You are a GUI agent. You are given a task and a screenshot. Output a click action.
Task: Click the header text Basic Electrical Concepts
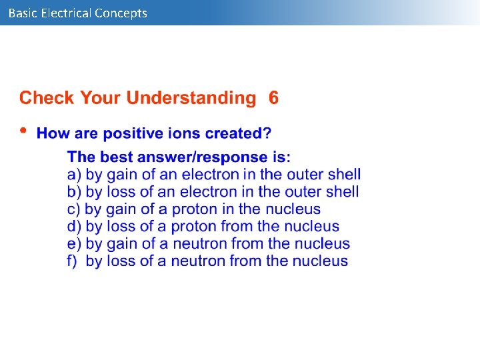tap(77, 13)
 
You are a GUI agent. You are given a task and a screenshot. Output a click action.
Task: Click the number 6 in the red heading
tap(273, 98)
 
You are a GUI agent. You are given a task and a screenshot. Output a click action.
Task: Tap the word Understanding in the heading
tap(191, 98)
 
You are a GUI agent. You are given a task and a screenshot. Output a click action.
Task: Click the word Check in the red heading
tap(47, 98)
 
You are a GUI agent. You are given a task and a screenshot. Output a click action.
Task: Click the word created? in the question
tap(238, 133)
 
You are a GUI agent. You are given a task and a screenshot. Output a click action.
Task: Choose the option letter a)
tap(74, 175)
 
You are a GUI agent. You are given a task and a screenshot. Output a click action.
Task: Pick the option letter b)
tap(74, 192)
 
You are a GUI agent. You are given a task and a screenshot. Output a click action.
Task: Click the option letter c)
tap(74, 209)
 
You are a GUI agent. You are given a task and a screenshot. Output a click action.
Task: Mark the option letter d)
tap(74, 227)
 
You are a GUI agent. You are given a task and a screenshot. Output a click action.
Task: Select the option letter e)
tap(74, 244)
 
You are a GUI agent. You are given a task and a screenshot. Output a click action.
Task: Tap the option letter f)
tap(73, 261)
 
